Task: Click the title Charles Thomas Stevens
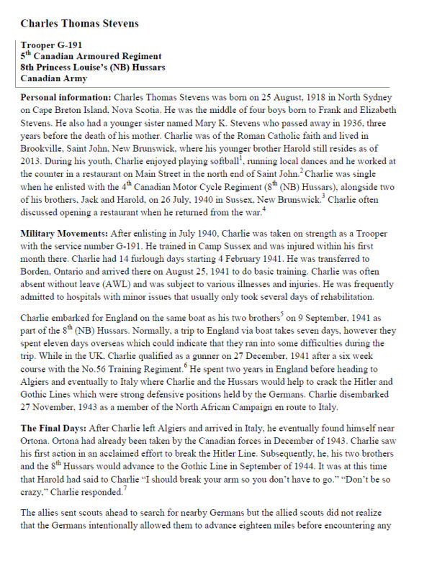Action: [80, 24]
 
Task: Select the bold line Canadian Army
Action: [54, 78]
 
